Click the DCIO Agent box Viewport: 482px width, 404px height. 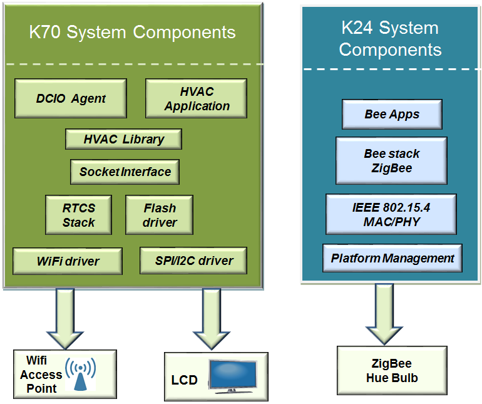71,98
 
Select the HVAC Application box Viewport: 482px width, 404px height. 197,98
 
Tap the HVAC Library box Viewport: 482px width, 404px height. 123,139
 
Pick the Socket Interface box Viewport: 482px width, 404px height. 125,171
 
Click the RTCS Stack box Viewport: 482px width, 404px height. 78,214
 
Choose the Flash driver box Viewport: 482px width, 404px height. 160,214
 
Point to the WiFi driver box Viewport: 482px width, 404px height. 68,261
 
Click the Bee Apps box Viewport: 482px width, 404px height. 392,115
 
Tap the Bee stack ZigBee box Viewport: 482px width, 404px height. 392,161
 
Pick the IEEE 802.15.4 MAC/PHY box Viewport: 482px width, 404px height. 391,214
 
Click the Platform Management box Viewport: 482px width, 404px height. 392,258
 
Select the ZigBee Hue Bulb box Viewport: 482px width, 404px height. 392,371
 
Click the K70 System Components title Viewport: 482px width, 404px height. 133,33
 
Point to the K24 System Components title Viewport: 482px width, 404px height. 391,39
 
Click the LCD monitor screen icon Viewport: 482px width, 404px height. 232,376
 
